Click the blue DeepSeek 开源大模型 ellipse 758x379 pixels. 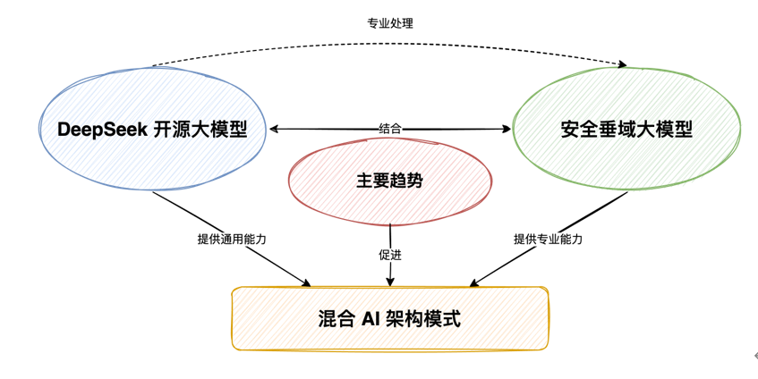[x=152, y=156]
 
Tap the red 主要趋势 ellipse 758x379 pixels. [x=389, y=201]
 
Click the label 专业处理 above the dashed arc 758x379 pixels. [x=390, y=23]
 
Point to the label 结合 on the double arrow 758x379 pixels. [x=390, y=129]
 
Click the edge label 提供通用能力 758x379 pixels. [x=232, y=240]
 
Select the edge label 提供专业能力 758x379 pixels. [x=548, y=240]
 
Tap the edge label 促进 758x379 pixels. [x=390, y=255]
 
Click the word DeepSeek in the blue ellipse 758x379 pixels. [x=101, y=129]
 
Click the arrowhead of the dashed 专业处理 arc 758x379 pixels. [x=623, y=64]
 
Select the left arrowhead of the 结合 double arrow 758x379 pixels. [x=275, y=129]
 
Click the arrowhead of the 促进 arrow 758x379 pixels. [x=390, y=282]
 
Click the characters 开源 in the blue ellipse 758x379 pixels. [x=175, y=129]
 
